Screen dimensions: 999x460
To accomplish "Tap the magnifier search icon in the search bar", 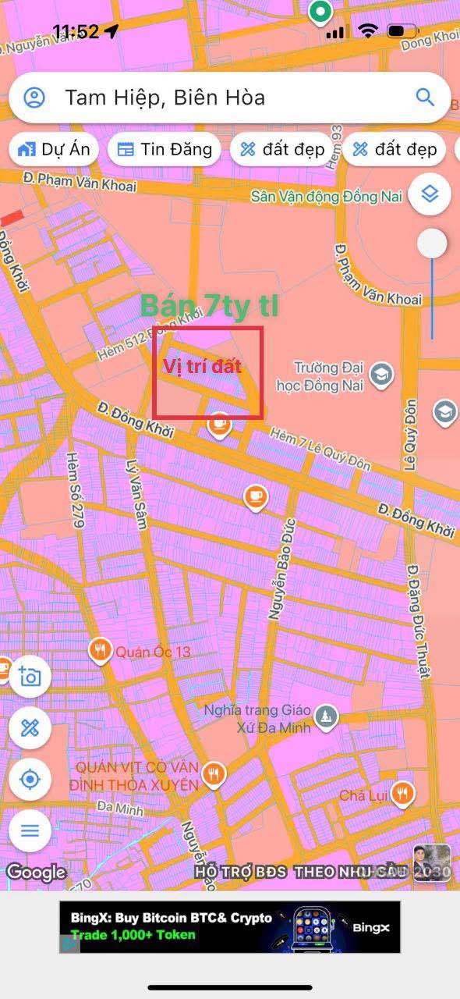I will point(425,97).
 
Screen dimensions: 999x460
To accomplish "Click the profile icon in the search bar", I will point(34,98).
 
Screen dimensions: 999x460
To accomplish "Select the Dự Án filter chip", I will point(54,149).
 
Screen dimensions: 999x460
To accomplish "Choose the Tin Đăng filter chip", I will point(165,149).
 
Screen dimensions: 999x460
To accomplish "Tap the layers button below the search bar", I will point(430,192).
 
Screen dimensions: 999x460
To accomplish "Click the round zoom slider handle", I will point(432,244).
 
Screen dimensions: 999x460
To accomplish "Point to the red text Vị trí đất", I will point(202,366).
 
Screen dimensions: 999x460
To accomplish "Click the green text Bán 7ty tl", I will point(209,306).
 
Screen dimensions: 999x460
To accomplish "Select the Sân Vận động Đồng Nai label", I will point(326,196).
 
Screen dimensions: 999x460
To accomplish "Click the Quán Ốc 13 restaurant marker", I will point(100,650).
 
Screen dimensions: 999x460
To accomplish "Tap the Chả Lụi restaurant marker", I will point(403,794).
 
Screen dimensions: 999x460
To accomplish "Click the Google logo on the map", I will point(36,872).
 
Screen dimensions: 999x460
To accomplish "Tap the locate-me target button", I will point(30,779).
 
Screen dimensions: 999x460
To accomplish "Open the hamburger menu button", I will point(30,830).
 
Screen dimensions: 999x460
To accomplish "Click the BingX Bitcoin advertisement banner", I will point(230,926).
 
